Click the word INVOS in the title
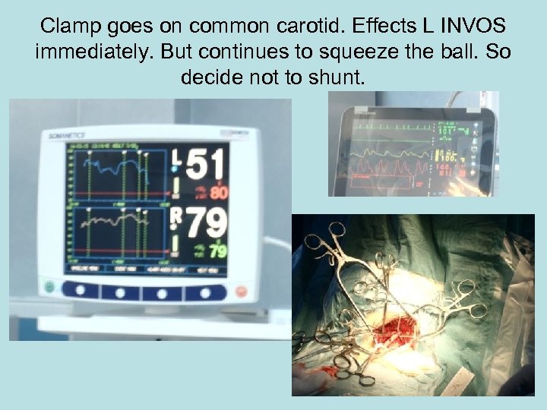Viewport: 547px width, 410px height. tap(473, 27)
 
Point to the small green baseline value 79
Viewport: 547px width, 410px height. tap(218, 250)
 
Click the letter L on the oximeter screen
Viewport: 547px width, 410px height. tap(177, 156)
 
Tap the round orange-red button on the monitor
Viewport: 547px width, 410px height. tap(242, 291)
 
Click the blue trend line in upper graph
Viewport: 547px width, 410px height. tap(114, 164)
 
